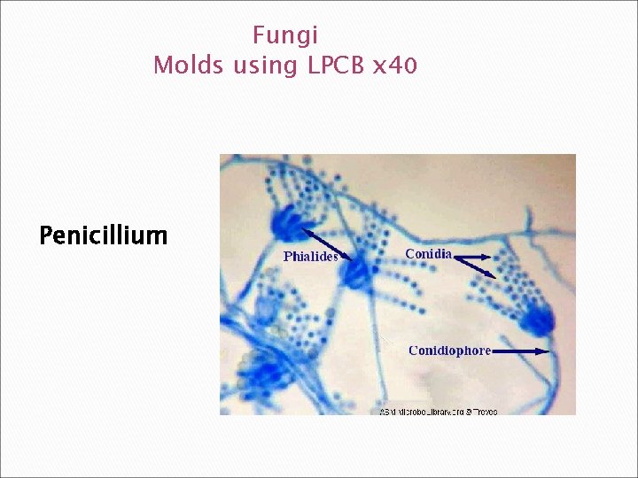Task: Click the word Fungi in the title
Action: tap(284, 36)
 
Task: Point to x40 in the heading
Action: tap(395, 66)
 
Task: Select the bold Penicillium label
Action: tap(103, 235)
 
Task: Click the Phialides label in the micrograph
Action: tap(310, 257)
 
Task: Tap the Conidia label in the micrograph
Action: tap(428, 254)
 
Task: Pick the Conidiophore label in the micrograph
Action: tap(449, 351)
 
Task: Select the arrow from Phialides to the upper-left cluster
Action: tap(320, 239)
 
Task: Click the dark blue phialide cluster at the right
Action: tap(537, 318)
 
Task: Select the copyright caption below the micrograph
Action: tap(439, 412)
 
